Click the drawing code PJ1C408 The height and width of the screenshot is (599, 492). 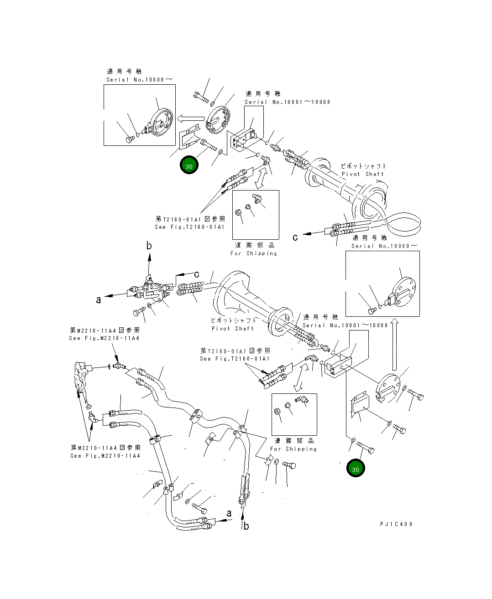point(396,524)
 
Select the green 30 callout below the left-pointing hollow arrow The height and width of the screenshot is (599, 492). point(189,165)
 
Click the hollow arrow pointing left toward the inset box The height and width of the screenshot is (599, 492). point(190,119)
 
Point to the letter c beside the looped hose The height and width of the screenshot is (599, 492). point(295,237)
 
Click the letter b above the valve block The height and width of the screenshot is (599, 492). point(149,245)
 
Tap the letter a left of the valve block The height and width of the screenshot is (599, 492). point(99,300)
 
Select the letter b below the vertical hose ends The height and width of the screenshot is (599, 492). point(246,526)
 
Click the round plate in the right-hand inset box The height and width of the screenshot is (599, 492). point(403,292)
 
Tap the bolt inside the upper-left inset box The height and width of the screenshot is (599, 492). point(130,139)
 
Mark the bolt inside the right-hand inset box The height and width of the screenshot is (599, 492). point(372,311)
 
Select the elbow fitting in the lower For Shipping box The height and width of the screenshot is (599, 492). point(302,400)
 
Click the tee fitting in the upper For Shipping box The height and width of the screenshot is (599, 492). point(257,198)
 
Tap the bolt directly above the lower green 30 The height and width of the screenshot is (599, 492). point(365,447)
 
